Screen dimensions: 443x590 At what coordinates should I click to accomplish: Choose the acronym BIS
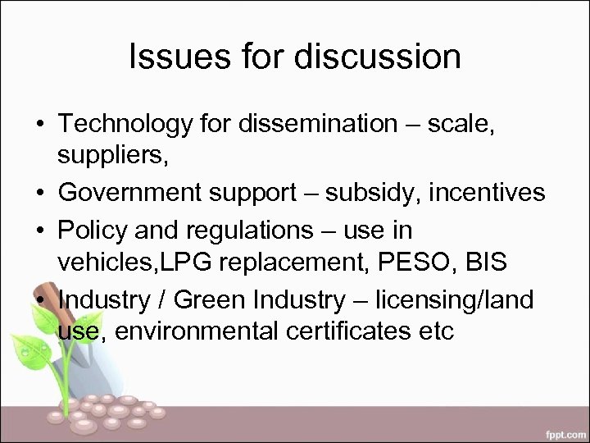tap(483, 263)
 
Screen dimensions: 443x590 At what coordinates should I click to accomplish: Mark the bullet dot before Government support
tap(39, 193)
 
